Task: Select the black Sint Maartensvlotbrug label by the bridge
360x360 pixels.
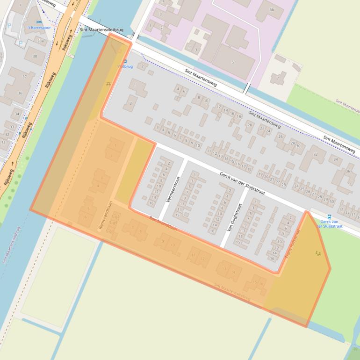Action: point(101,30)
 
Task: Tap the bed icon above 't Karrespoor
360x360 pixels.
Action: point(39,22)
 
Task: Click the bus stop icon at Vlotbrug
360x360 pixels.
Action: point(125,61)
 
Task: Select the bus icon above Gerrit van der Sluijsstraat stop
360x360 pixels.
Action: point(329,216)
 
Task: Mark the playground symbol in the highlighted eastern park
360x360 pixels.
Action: point(318,253)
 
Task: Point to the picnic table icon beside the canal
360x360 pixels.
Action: point(108,84)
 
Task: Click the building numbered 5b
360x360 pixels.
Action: point(272,9)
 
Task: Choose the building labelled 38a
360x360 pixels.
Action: point(41,42)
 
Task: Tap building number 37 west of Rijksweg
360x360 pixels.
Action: point(24,77)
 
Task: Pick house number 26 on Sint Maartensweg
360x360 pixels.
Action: point(281,137)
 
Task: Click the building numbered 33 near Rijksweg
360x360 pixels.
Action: point(12,127)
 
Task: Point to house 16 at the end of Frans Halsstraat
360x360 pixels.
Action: point(272,259)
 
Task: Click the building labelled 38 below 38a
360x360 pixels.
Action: point(35,56)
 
